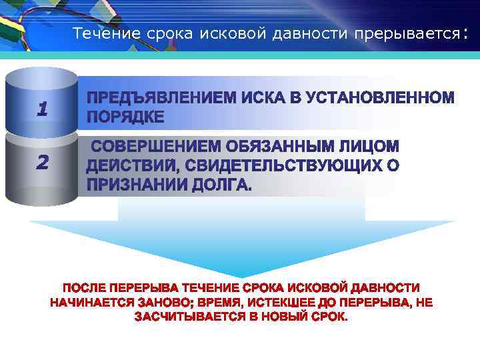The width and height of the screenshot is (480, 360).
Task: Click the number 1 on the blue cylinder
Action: pyautogui.click(x=42, y=109)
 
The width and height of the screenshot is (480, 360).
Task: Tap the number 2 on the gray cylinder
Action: pyautogui.click(x=42, y=162)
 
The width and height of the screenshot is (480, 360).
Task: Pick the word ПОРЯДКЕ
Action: pyautogui.click(x=125, y=117)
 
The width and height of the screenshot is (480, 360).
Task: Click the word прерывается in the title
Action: pyautogui.click(x=407, y=34)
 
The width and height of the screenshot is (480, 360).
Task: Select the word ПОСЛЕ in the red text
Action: pyautogui.click(x=83, y=288)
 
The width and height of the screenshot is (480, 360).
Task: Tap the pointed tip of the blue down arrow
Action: pyautogui.click(x=242, y=275)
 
